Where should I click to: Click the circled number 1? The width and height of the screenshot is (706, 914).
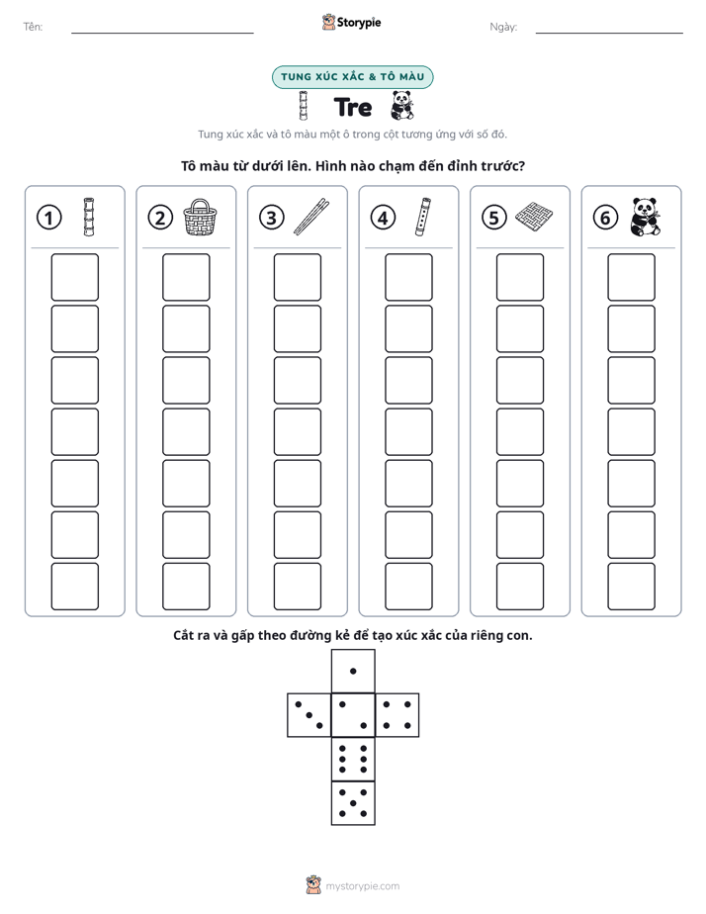pos(48,218)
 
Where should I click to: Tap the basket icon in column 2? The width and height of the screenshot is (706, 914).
pos(201,217)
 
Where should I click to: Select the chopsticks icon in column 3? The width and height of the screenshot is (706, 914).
pos(311,217)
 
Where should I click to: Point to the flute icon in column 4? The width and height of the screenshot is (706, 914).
pos(423,217)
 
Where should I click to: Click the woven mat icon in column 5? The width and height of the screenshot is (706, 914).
pos(534,218)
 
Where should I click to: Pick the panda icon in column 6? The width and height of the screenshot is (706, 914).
pos(646,217)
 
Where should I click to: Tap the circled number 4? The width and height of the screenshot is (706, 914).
pos(383,218)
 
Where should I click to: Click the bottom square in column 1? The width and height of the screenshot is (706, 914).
pos(74,587)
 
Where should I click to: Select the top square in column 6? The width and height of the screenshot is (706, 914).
pos(631,277)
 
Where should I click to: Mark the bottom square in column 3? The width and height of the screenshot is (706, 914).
pos(297,587)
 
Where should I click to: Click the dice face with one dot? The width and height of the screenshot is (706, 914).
pos(353,671)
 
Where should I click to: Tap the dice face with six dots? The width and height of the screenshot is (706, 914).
pos(353,759)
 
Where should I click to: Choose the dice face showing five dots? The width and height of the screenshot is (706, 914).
pos(353,803)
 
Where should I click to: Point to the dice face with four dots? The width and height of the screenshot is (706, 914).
pos(397,714)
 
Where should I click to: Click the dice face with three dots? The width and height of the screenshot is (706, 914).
pos(309,714)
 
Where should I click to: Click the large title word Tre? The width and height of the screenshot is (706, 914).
pos(353,107)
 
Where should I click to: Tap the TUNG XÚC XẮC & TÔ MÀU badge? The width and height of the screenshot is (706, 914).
pos(352,77)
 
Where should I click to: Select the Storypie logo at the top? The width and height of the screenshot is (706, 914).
pos(351,23)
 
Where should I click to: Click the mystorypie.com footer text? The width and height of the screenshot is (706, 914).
pos(362,886)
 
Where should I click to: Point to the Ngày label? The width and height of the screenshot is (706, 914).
pos(503,27)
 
